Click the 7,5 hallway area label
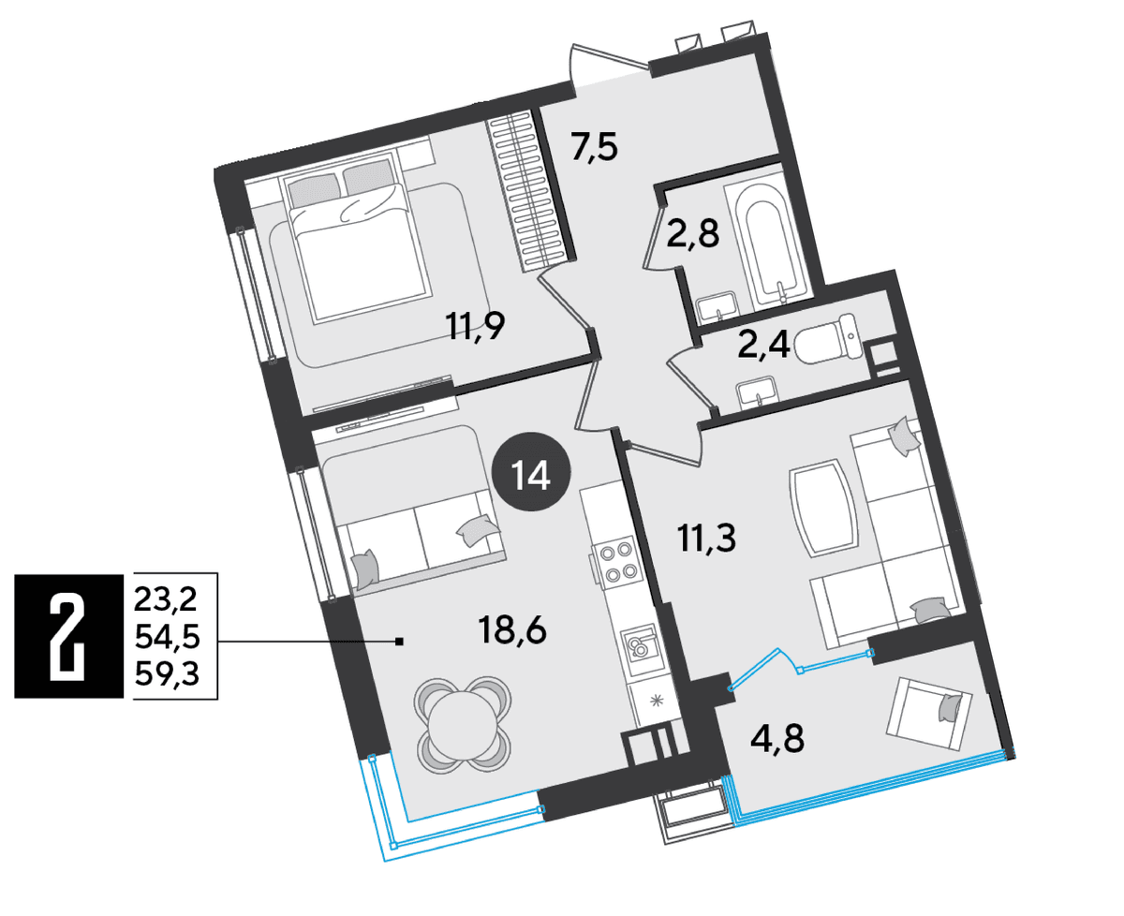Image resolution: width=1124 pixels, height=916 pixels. pyautogui.click(x=594, y=147)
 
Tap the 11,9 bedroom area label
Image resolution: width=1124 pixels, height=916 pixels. pyautogui.click(x=475, y=326)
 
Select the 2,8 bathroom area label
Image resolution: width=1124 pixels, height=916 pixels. pyautogui.click(x=692, y=233)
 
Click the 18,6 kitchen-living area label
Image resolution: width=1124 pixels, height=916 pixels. pyautogui.click(x=512, y=630)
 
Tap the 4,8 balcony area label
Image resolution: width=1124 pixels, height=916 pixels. pyautogui.click(x=777, y=739)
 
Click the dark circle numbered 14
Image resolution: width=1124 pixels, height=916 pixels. pyautogui.click(x=531, y=471)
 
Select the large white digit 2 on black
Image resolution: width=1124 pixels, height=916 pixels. pyautogui.click(x=68, y=636)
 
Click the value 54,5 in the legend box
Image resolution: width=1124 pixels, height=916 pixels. pyautogui.click(x=168, y=637)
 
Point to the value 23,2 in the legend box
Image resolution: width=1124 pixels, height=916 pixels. pyautogui.click(x=165, y=600)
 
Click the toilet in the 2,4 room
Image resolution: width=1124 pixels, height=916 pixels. pyautogui.click(x=827, y=339)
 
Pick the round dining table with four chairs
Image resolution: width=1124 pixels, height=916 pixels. pyautogui.click(x=464, y=725)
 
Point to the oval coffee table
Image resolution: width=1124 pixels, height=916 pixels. pyautogui.click(x=821, y=507)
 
